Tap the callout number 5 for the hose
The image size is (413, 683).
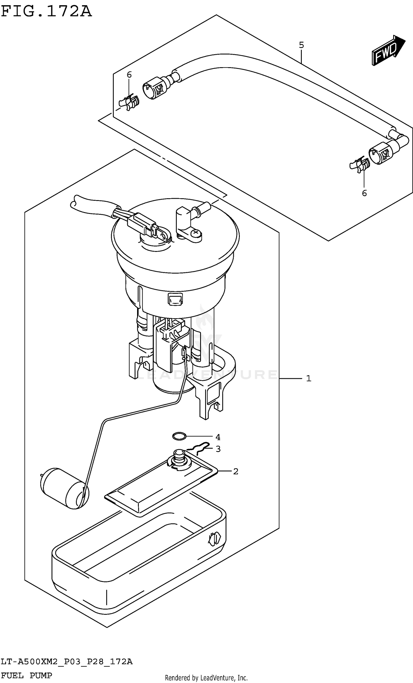[301, 45]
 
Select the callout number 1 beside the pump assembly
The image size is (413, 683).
[309, 378]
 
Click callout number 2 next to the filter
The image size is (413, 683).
[236, 471]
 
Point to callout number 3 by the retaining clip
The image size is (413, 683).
[218, 449]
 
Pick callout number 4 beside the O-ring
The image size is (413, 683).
[218, 437]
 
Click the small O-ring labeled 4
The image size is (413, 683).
[179, 436]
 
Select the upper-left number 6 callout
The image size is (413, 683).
[129, 75]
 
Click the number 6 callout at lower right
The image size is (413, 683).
[364, 193]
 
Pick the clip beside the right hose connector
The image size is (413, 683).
[360, 165]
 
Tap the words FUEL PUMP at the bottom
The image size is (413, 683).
[26, 675]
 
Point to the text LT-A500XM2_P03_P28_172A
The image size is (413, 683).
[67, 662]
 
